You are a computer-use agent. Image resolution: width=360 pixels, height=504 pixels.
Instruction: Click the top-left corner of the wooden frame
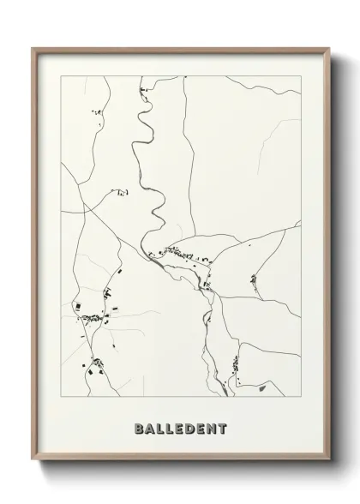click(33, 47)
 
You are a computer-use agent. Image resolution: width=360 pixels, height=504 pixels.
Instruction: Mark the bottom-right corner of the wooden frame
click(327, 465)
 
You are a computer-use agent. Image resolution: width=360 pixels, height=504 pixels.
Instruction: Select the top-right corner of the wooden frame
click(327, 47)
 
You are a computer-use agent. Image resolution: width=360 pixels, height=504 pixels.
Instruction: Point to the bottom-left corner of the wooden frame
click(33, 465)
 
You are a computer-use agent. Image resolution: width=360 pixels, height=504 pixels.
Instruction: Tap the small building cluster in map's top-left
click(97, 112)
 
